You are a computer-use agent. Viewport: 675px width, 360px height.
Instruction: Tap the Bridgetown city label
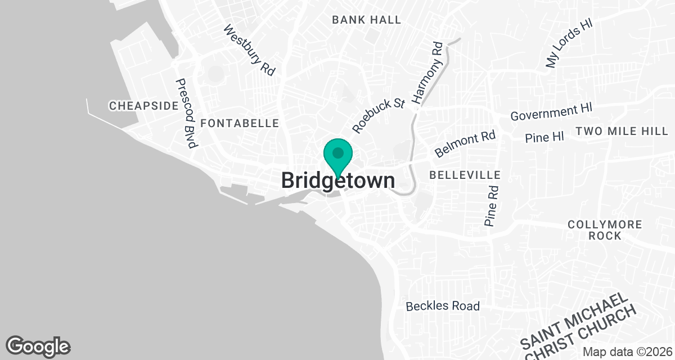[x=337, y=181]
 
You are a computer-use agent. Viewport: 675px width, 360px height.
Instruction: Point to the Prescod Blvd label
[x=186, y=113]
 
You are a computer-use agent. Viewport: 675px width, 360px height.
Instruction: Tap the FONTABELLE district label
[x=240, y=123]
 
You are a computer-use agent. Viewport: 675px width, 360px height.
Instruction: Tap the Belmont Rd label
[x=465, y=144]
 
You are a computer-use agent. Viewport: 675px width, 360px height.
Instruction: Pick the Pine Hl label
[x=544, y=137]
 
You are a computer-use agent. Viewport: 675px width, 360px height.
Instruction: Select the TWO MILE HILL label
[x=622, y=132]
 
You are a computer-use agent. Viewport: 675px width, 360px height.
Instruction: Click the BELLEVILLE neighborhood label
[x=465, y=175]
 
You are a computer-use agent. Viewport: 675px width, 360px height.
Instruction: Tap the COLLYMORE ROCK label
[x=605, y=230]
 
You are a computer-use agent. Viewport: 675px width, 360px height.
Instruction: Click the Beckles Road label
[x=443, y=306]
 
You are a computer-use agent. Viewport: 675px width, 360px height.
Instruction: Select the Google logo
[x=38, y=346]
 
